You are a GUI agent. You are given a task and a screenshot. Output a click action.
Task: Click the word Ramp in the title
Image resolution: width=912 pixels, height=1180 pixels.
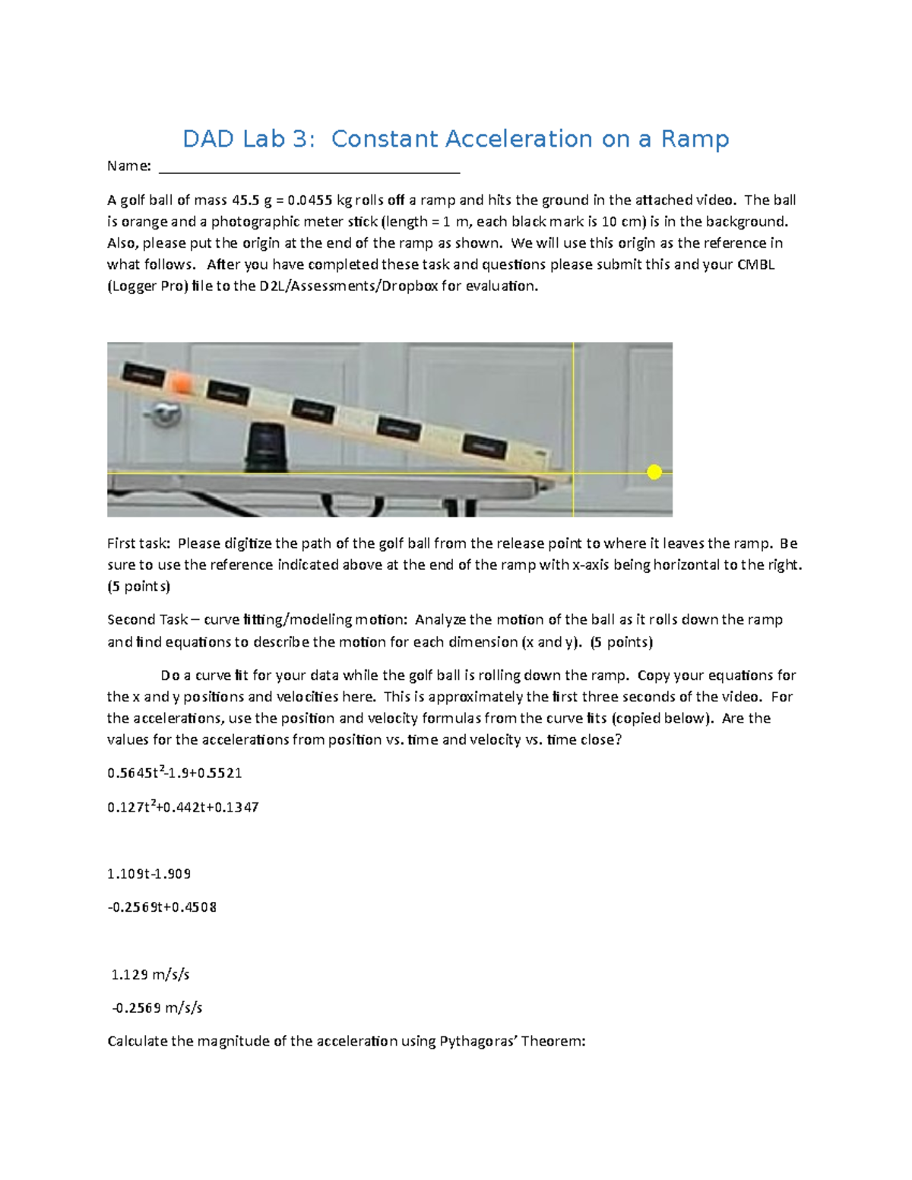point(695,139)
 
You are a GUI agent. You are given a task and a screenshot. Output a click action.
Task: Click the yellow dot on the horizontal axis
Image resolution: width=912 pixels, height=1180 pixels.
point(654,473)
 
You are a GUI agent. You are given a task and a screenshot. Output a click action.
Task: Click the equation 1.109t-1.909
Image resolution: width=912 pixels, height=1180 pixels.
point(149,874)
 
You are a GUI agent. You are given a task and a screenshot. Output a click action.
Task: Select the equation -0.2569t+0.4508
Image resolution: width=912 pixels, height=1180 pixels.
point(162,907)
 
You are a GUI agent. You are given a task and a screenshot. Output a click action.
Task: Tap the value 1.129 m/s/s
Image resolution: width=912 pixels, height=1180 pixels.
point(150,975)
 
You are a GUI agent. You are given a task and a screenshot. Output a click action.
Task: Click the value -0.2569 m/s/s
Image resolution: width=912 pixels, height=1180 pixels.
point(157,1008)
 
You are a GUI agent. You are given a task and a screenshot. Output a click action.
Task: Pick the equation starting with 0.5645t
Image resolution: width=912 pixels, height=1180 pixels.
point(175,773)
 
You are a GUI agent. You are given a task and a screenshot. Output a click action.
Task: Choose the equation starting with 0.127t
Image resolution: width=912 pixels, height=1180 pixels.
point(183,807)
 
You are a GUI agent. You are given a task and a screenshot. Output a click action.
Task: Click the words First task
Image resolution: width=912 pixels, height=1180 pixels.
point(139,544)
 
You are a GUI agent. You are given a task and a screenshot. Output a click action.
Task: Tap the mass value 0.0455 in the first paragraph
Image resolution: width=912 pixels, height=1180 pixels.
point(311,201)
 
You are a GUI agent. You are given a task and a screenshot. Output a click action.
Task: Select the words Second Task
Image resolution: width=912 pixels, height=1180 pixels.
point(147,620)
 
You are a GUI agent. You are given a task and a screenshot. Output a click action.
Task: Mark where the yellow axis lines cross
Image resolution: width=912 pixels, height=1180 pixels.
point(572,473)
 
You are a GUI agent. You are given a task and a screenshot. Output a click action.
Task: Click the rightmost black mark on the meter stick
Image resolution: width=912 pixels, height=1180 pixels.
point(486,445)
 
